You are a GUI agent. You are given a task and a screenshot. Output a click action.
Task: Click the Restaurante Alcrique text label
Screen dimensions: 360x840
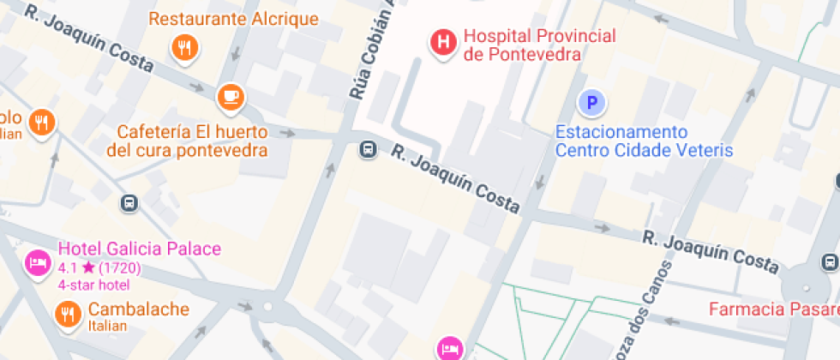pyautogui.click(x=233, y=19)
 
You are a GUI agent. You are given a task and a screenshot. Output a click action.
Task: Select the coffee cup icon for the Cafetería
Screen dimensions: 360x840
pyautogui.click(x=230, y=96)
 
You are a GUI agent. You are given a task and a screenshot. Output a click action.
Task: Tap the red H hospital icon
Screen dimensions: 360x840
pyautogui.click(x=443, y=41)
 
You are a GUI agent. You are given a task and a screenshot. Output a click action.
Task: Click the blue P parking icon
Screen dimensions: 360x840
pyautogui.click(x=591, y=104)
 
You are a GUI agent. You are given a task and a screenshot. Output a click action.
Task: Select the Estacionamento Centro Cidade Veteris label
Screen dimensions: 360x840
pyautogui.click(x=644, y=141)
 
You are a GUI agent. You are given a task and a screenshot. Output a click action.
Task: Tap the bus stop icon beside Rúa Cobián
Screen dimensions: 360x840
pyautogui.click(x=368, y=150)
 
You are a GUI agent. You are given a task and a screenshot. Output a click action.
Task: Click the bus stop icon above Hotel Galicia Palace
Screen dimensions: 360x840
pyautogui.click(x=129, y=203)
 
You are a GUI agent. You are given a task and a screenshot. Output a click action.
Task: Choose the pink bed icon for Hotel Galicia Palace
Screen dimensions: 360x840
pyautogui.click(x=37, y=262)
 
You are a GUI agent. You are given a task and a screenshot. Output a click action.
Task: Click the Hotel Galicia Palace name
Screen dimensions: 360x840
pyautogui.click(x=139, y=249)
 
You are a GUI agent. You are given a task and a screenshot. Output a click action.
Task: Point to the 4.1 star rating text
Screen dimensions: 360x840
pyautogui.click(x=99, y=267)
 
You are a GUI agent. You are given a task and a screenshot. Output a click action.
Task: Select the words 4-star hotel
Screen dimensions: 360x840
pyautogui.click(x=93, y=285)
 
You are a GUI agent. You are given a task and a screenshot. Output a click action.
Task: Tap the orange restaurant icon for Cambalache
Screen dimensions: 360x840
pyautogui.click(x=66, y=315)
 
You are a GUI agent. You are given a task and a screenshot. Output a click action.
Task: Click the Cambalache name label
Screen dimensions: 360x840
pyautogui.click(x=137, y=309)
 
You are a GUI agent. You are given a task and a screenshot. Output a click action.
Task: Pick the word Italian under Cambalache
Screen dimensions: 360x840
pyautogui.click(x=107, y=326)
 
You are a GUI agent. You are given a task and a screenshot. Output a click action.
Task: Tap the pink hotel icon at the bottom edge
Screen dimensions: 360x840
pyautogui.click(x=449, y=348)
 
